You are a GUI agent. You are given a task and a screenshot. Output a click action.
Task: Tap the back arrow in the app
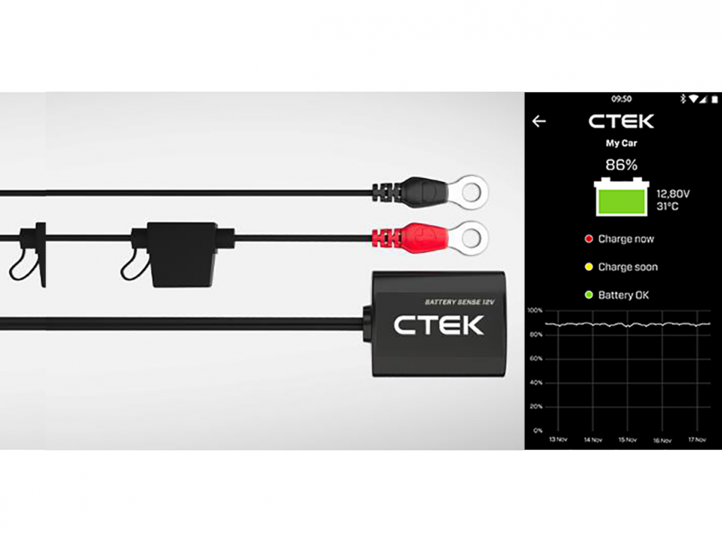[539, 122]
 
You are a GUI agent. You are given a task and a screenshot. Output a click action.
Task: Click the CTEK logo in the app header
[621, 122]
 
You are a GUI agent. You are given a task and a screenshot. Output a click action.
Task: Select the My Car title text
[622, 142]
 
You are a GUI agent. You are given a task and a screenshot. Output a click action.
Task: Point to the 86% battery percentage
[622, 165]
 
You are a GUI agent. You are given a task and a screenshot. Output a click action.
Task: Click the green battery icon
[621, 198]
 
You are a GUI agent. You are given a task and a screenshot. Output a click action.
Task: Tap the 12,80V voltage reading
[673, 194]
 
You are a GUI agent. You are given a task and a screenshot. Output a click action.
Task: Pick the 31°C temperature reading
[668, 206]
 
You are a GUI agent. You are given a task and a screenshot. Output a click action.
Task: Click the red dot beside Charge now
[589, 239]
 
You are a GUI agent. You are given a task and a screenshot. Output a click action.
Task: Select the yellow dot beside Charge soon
[589, 267]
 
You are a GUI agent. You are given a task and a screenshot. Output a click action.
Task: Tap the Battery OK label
[624, 295]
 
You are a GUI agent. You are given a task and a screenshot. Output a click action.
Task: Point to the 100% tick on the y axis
[535, 310]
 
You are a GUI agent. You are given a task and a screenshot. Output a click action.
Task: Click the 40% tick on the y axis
[535, 383]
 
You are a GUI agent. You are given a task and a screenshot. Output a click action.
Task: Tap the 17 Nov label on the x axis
[696, 440]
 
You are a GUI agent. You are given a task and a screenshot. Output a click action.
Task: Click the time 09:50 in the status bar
[621, 99]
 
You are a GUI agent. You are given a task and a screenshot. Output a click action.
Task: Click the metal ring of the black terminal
[469, 192]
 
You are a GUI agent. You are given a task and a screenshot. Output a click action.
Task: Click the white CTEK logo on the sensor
[438, 325]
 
